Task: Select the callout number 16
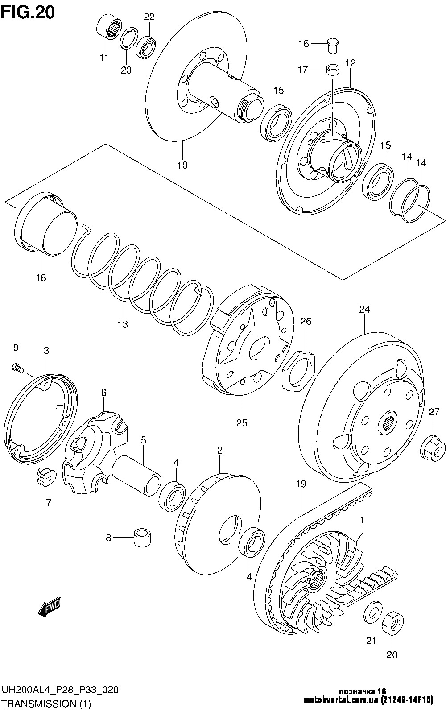click(x=303, y=43)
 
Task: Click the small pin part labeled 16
click(x=333, y=44)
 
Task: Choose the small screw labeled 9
click(x=17, y=367)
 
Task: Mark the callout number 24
click(x=364, y=309)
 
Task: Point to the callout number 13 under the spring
click(x=123, y=324)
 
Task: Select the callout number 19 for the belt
click(x=300, y=484)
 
